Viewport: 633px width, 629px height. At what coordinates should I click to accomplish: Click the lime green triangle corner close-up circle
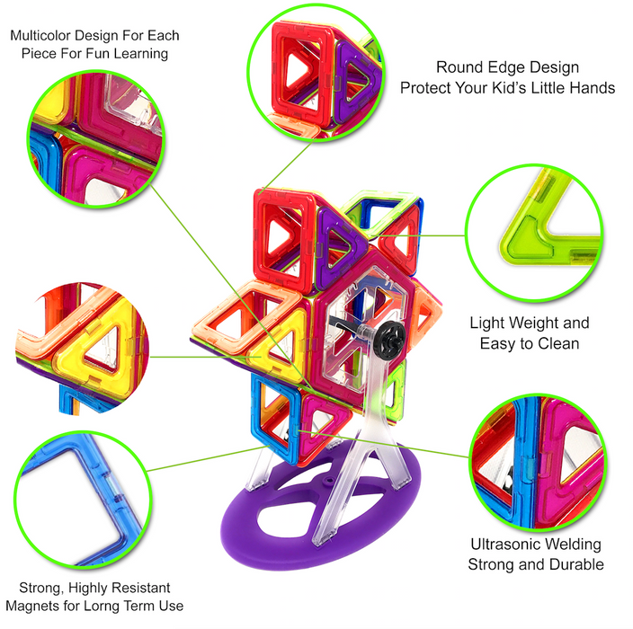point(534,234)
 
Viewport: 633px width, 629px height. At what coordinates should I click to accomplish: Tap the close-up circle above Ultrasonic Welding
point(539,463)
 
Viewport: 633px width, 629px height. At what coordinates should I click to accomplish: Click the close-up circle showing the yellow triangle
point(83,349)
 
